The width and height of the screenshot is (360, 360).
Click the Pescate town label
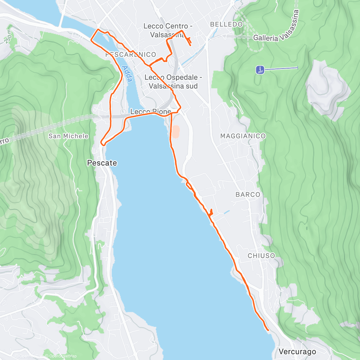[102, 163]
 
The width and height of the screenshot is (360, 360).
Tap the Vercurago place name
[297, 351]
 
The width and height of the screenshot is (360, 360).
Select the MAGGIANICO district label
[243, 136]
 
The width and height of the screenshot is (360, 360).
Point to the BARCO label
[248, 195]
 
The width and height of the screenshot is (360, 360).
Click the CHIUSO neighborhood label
[261, 256]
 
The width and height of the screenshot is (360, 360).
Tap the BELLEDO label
[226, 24]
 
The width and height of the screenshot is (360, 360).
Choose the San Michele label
[68, 136]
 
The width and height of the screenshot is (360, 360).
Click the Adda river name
[127, 74]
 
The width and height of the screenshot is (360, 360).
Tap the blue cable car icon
[260, 70]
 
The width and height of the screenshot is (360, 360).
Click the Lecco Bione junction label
[150, 112]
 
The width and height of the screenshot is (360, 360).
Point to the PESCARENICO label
[131, 55]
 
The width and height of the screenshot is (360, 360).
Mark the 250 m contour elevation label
[8, 37]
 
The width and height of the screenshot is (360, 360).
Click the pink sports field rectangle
[175, 131]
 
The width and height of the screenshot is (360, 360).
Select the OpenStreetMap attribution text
[63, 356]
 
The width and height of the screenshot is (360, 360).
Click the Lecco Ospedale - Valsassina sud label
[173, 82]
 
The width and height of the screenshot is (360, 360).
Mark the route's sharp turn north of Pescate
[103, 144]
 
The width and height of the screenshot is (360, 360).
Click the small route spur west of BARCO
[211, 212]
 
